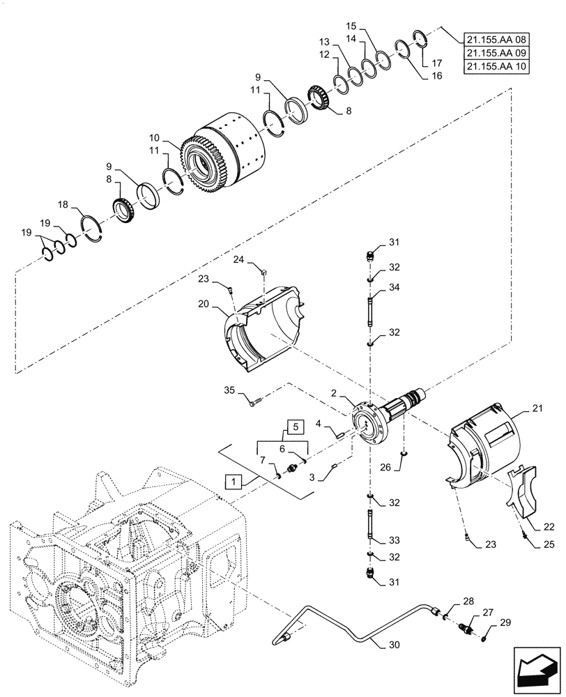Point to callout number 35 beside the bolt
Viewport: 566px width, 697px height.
tap(231, 390)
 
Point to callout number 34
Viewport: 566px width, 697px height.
tap(395, 287)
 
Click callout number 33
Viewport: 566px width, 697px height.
tap(395, 539)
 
